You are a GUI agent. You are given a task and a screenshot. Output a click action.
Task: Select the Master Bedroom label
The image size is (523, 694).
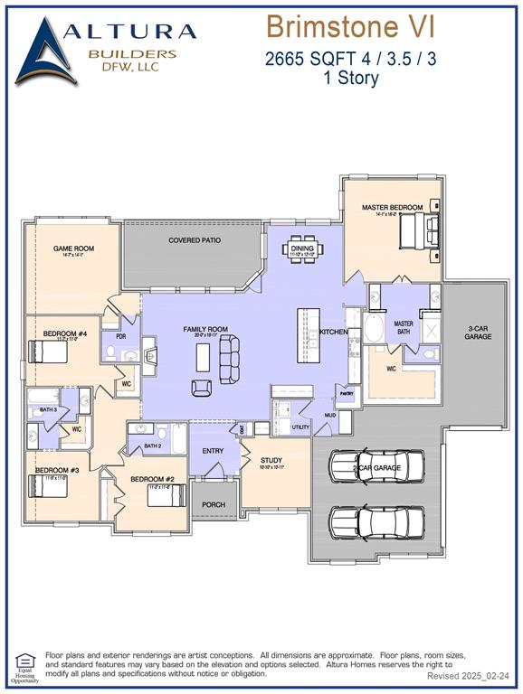pyautogui.click(x=392, y=208)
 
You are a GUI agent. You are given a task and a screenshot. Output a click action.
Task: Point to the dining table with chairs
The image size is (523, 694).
pyautogui.click(x=301, y=249)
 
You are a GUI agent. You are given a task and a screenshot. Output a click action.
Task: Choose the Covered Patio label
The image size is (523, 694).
pyautogui.click(x=195, y=240)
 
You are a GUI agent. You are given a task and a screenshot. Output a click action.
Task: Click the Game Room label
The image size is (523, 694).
pyautogui.click(x=73, y=249)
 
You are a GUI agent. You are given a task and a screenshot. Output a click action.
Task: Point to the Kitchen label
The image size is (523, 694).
pyautogui.click(x=334, y=333)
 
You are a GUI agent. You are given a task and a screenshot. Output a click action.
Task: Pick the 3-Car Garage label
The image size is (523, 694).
pyautogui.click(x=479, y=332)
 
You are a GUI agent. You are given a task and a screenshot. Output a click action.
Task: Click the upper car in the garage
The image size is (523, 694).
pyautogui.click(x=376, y=466)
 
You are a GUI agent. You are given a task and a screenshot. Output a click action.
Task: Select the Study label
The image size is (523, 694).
pyautogui.click(x=271, y=460)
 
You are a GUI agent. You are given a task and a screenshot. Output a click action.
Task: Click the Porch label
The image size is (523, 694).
pyautogui.click(x=214, y=504)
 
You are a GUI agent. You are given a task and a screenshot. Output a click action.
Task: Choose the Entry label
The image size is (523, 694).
pyautogui.click(x=213, y=451)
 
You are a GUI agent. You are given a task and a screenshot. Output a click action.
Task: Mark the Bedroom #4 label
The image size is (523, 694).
pyautogui.click(x=64, y=333)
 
